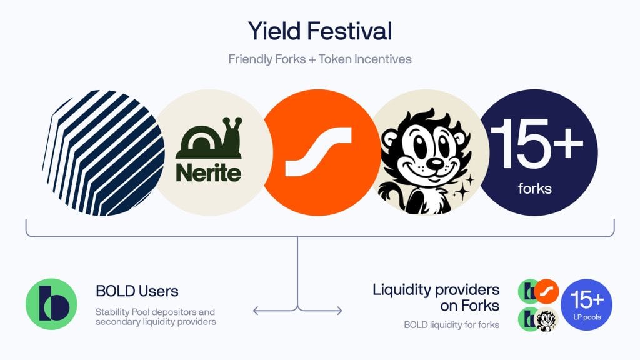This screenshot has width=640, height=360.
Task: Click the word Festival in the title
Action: click(x=350, y=31)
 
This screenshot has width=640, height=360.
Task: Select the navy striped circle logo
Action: click(x=104, y=152)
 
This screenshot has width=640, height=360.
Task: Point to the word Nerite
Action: click(x=209, y=172)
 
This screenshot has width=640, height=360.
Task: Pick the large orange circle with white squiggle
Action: click(x=321, y=152)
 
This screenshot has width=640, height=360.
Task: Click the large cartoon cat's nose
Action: click(x=436, y=163)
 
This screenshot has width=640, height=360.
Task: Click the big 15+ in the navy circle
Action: click(x=536, y=143)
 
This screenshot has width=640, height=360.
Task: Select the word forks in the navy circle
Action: click(x=535, y=189)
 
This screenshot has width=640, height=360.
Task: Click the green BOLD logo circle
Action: click(x=51, y=304)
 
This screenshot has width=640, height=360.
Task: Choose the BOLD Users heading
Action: click(x=137, y=291)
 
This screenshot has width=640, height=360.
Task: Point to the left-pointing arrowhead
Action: click(x=257, y=311)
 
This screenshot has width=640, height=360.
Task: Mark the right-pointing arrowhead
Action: click(x=338, y=311)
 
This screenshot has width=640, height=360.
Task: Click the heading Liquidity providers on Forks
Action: click(x=436, y=297)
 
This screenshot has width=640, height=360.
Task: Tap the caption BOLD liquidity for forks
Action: click(x=451, y=325)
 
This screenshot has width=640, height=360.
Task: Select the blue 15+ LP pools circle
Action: click(x=586, y=304)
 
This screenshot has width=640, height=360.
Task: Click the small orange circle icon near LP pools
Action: click(x=546, y=291)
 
